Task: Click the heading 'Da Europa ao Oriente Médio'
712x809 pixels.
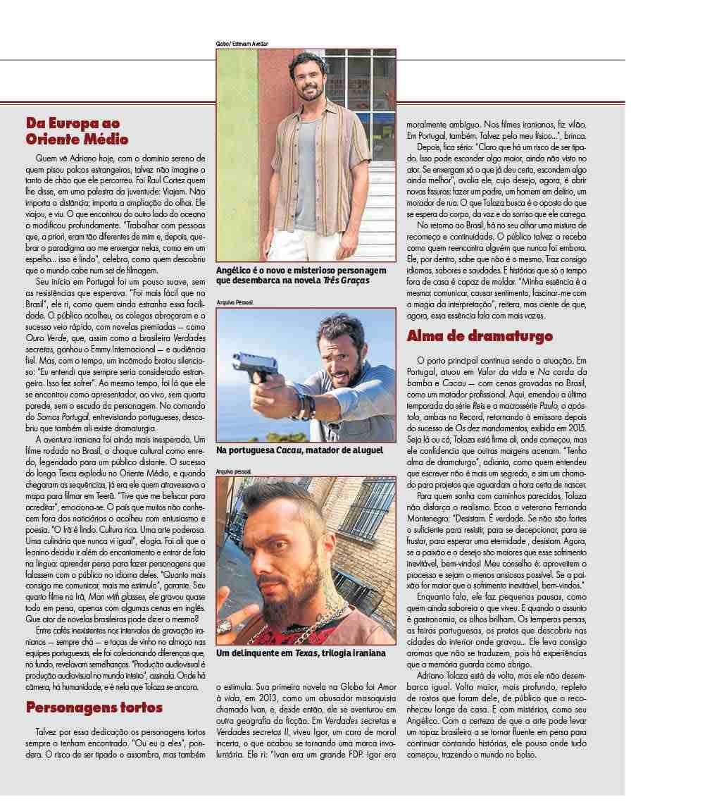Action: (77, 130)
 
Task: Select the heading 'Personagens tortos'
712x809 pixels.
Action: (94, 707)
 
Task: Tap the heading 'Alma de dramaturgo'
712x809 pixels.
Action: (480, 336)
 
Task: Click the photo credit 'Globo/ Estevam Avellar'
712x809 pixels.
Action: (242, 44)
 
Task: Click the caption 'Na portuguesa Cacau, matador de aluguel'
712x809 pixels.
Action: (299, 450)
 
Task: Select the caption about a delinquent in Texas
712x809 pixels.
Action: (301, 653)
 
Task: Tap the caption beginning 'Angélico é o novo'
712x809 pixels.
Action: (302, 276)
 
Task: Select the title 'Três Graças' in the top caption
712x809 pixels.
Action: (347, 280)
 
